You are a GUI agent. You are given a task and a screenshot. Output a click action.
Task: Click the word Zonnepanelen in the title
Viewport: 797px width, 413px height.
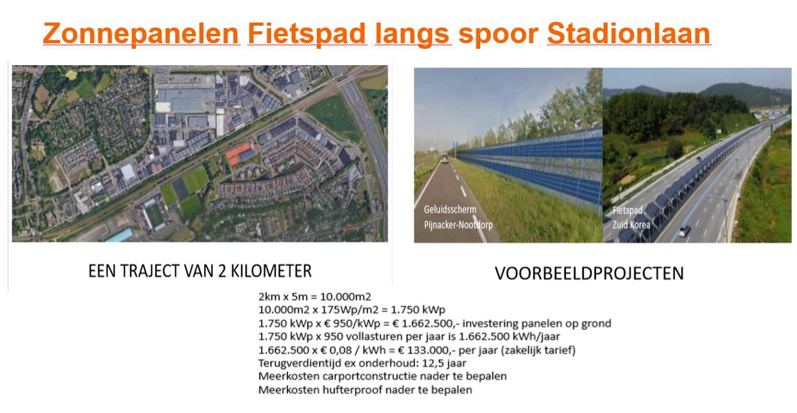point(141,34)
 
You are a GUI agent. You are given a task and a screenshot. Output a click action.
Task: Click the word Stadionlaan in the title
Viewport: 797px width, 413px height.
point(629,34)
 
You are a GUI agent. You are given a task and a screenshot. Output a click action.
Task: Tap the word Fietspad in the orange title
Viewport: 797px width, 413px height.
point(307,34)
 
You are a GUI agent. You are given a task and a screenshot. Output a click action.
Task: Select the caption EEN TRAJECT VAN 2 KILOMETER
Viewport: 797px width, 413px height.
point(200,271)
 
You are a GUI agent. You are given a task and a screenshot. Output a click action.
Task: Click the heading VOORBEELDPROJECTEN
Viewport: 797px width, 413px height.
point(589,273)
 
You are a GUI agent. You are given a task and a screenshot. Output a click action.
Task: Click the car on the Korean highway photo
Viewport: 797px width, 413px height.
point(684,231)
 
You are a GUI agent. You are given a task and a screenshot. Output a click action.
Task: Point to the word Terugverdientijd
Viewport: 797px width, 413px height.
point(294,363)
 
